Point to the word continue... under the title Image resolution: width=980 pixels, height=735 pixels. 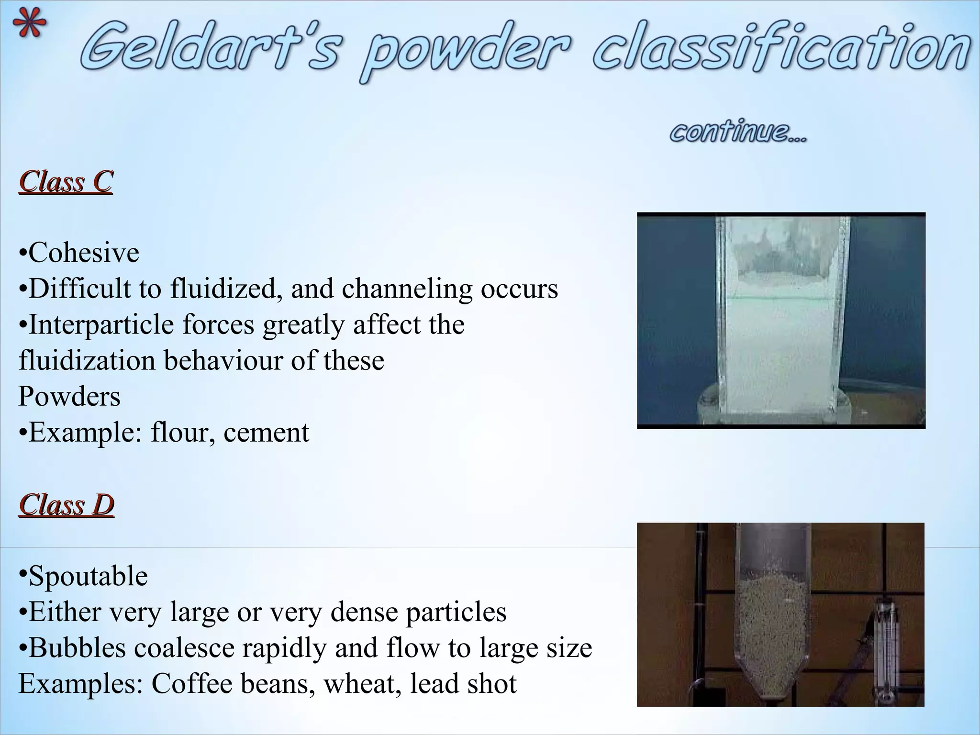pyautogui.click(x=738, y=132)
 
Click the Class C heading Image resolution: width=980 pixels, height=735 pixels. pyautogui.click(x=66, y=182)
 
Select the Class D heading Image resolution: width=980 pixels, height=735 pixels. pyautogui.click(x=67, y=505)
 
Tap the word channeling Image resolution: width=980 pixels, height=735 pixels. pyautogui.click(x=407, y=289)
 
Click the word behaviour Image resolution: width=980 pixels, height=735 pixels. pyautogui.click(x=223, y=361)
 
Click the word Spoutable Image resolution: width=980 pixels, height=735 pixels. pyautogui.click(x=88, y=576)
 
